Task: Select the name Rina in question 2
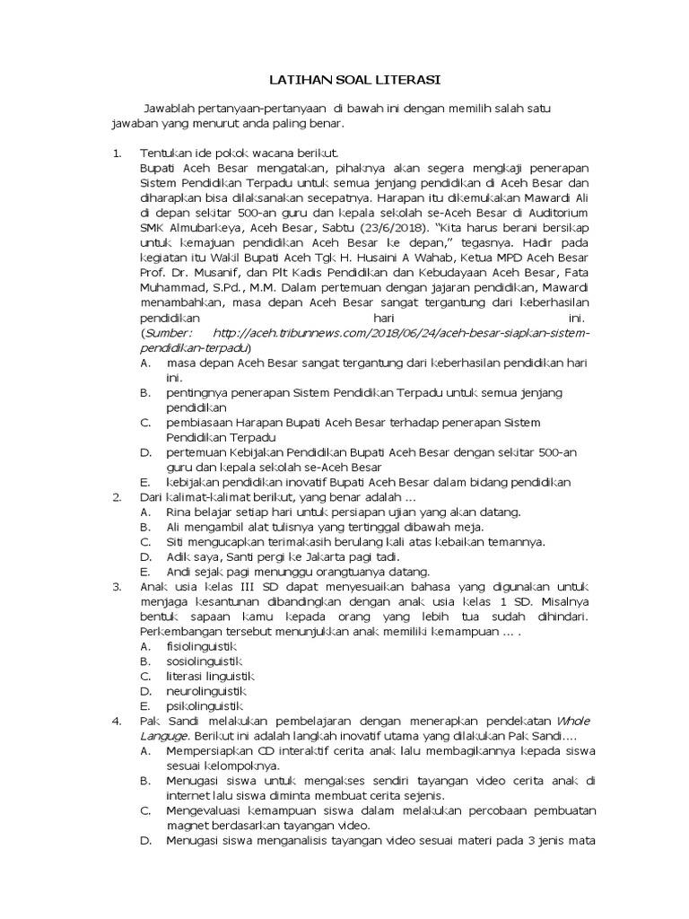[179, 512]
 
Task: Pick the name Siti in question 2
[176, 542]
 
